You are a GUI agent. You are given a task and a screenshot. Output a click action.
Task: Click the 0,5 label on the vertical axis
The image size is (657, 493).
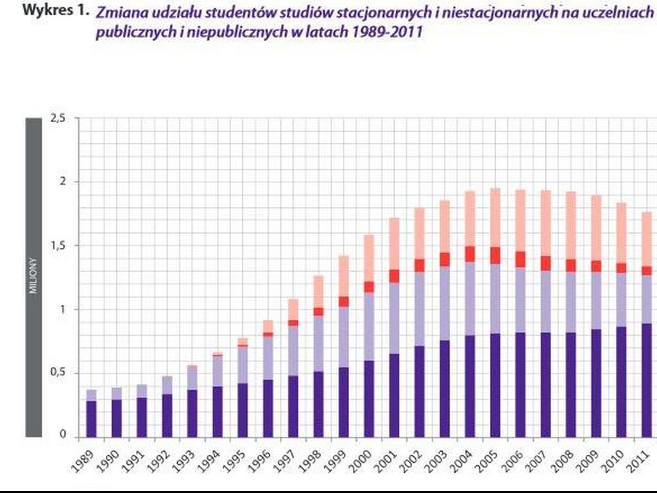(x=58, y=374)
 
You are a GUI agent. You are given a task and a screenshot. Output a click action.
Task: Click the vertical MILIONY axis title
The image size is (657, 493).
(x=33, y=276)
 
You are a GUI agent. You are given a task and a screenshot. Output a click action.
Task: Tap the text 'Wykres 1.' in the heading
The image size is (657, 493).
(x=55, y=11)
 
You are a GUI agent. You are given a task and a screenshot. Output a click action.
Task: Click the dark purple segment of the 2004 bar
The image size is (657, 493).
(x=470, y=386)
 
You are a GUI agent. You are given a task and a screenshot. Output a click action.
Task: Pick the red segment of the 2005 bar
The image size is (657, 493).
(x=495, y=255)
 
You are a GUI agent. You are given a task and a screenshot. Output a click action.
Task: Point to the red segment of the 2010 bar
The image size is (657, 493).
(x=621, y=268)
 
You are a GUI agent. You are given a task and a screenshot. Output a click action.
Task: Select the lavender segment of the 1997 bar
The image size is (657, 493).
(x=293, y=350)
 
